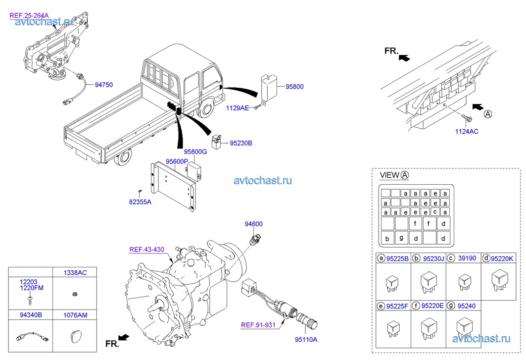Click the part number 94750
coord(103,85)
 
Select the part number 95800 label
coord(294,87)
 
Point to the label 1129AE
coord(238,107)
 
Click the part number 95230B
coord(241,143)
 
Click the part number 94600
coord(253,224)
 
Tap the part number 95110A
coord(306,340)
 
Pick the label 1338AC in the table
coord(75,273)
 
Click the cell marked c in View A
coord(434,212)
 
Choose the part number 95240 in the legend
coord(466,306)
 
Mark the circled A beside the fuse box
coord(488,113)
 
